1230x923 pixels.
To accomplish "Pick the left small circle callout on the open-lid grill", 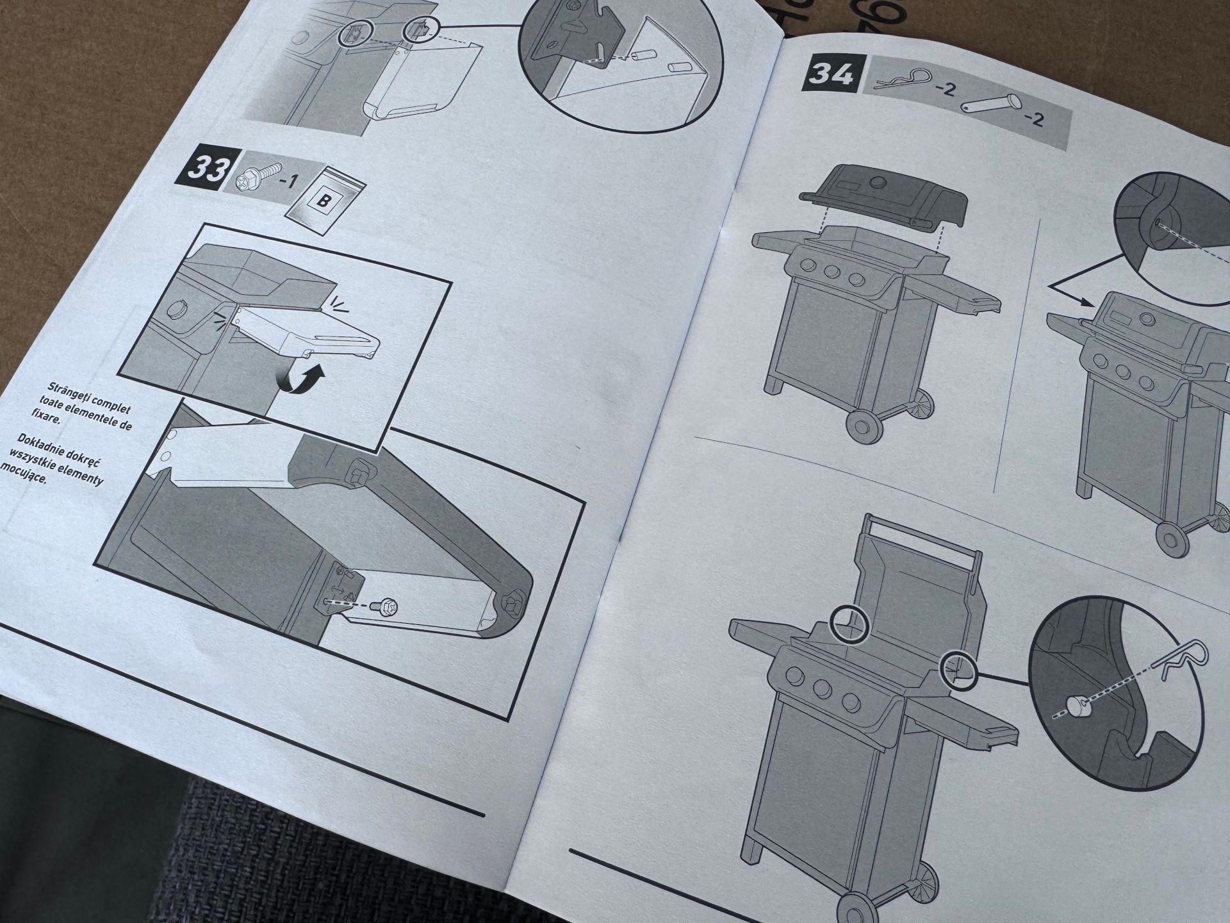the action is [849, 624].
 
